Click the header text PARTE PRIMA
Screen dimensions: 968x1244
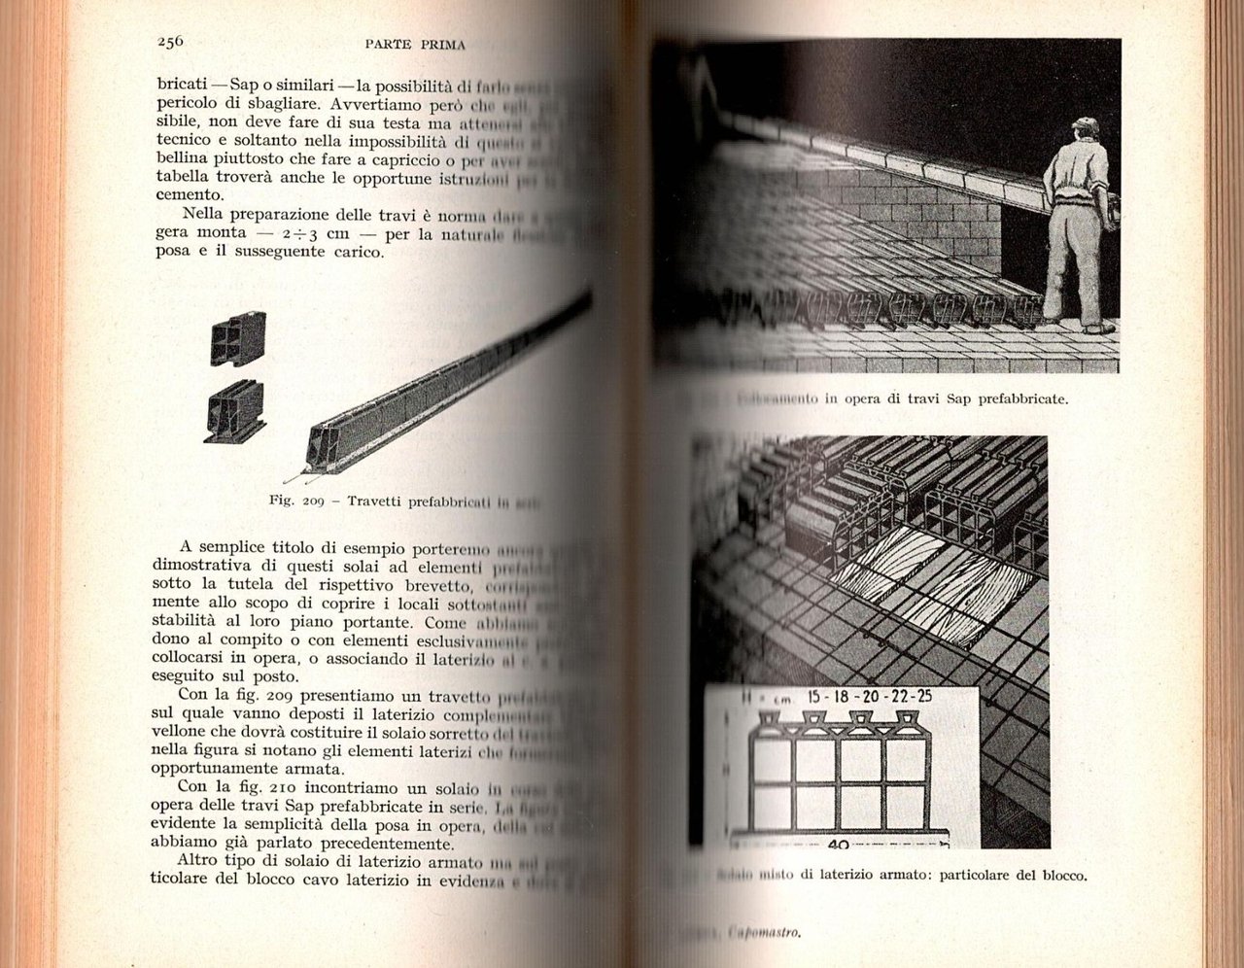tap(415, 44)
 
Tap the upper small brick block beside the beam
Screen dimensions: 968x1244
tap(238, 339)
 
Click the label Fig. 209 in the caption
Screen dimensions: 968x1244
tap(295, 501)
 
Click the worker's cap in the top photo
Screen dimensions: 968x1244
tap(1085, 125)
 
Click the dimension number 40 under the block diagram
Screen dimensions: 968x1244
tap(839, 845)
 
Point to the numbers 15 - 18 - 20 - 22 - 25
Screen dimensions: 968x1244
tap(870, 696)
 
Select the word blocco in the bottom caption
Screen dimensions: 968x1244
tap(1060, 875)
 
